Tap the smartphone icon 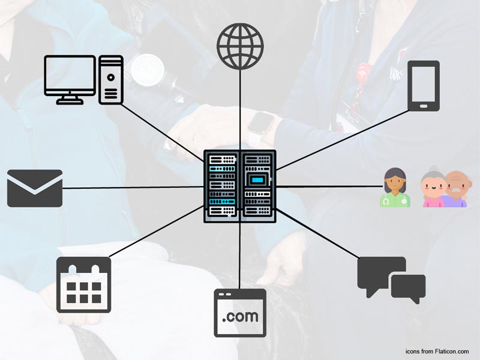click(x=424, y=86)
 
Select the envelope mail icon click(x=35, y=188)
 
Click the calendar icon click(x=83, y=285)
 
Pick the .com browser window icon click(x=240, y=313)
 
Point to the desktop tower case click(x=111, y=79)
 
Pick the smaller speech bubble click(x=409, y=287)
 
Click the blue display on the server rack click(x=257, y=179)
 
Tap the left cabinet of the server click(x=221, y=186)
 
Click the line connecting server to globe click(x=240, y=108)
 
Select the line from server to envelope click(x=132, y=188)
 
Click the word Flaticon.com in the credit click(x=453, y=350)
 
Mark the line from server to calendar click(x=156, y=234)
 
